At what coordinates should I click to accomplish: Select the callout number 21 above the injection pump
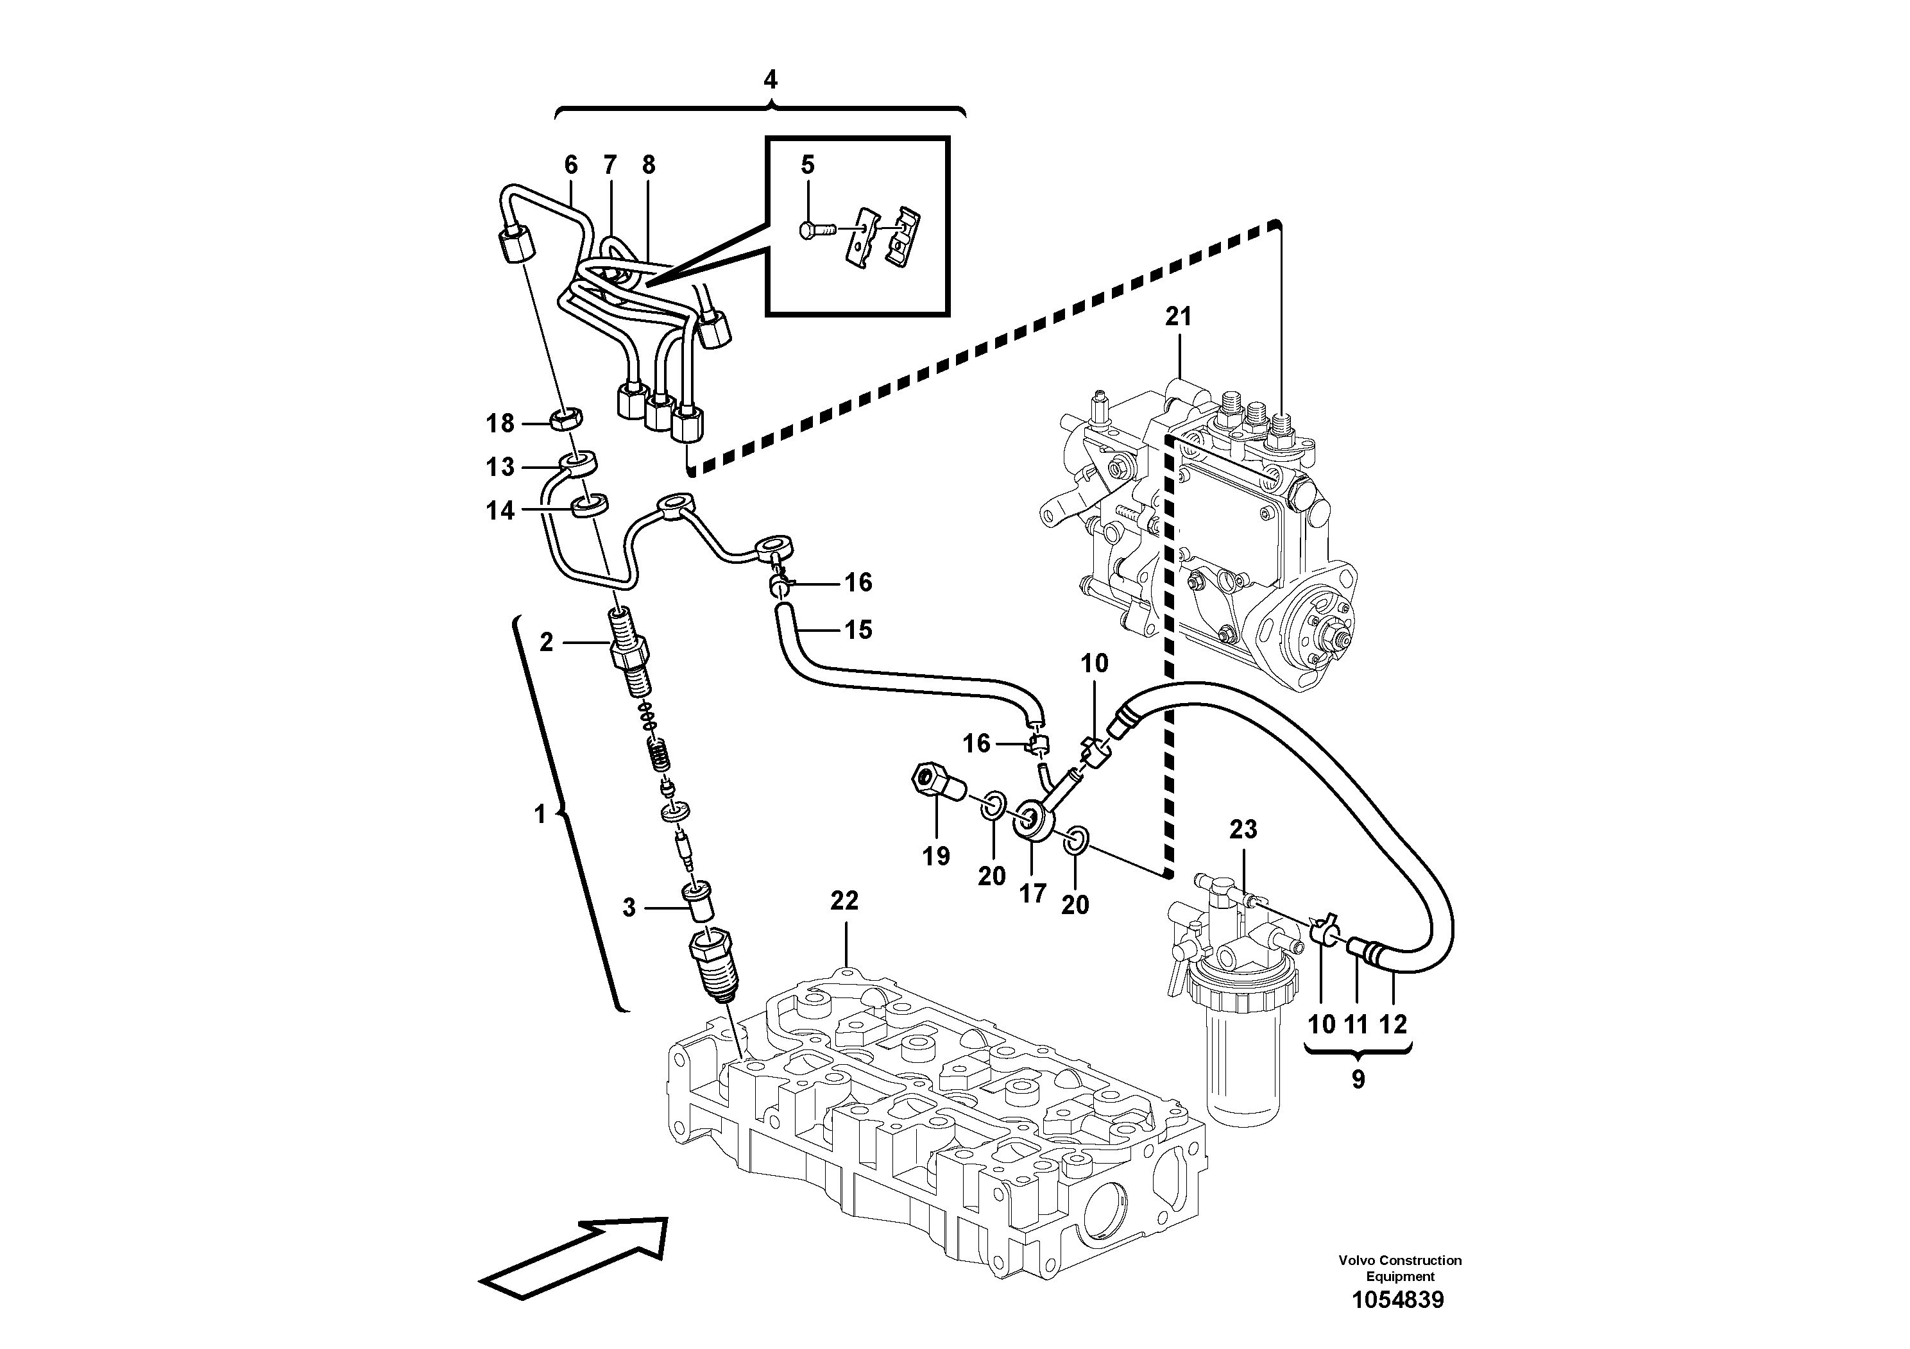(1178, 317)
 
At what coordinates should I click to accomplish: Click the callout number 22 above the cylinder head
(844, 901)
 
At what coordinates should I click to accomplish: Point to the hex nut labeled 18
(567, 418)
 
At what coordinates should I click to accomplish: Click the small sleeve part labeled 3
(697, 903)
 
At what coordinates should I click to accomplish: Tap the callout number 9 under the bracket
(1358, 1080)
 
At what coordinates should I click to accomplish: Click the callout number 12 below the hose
(1394, 1024)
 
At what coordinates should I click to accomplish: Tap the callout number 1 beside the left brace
(540, 813)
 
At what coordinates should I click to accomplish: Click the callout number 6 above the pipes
(570, 165)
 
